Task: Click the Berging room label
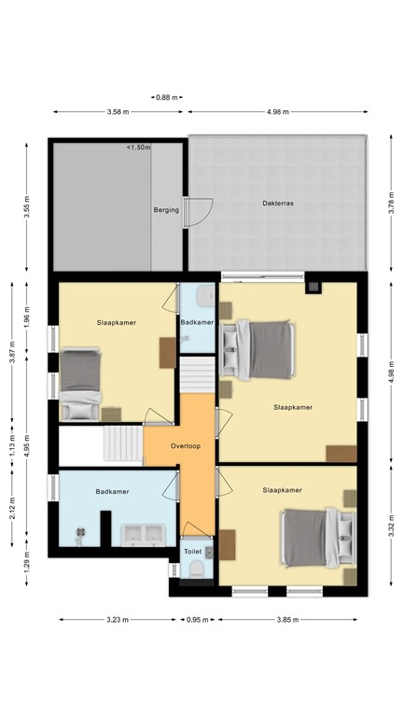pyautogui.click(x=165, y=210)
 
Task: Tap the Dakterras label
pyautogui.click(x=279, y=203)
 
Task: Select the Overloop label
pyautogui.click(x=187, y=446)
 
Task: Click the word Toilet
pyautogui.click(x=193, y=552)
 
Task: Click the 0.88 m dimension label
pyautogui.click(x=167, y=97)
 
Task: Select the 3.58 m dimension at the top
pyautogui.click(x=118, y=112)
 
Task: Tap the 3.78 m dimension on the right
pyautogui.click(x=391, y=204)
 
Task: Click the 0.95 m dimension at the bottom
pyautogui.click(x=195, y=619)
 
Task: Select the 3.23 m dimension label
pyautogui.click(x=117, y=619)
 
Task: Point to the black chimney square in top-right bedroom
pyautogui.click(x=314, y=287)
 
